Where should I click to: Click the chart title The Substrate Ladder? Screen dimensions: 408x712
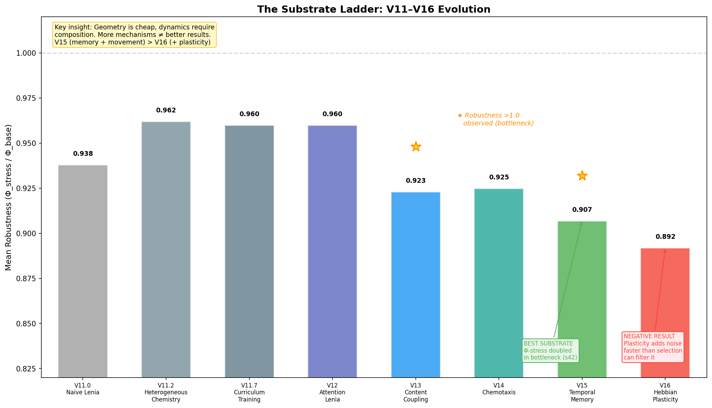(374, 9)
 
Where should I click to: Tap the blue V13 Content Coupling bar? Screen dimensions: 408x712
(415, 284)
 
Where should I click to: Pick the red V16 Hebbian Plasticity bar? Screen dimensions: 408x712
(665, 290)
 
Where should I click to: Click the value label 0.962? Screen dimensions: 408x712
(166, 110)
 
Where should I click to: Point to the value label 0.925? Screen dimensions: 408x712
(499, 177)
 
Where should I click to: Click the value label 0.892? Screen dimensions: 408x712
(665, 237)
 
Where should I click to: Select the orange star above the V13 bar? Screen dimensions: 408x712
(415, 147)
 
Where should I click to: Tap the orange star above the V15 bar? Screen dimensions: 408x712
(582, 176)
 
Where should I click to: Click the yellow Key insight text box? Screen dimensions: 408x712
(134, 35)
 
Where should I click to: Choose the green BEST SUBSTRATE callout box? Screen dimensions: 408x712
(550, 351)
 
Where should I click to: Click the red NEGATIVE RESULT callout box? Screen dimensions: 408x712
(653, 347)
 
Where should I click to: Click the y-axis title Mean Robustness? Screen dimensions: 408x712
(9, 198)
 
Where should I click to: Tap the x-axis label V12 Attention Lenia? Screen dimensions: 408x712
(332, 392)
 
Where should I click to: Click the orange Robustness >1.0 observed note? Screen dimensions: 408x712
(495, 119)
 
